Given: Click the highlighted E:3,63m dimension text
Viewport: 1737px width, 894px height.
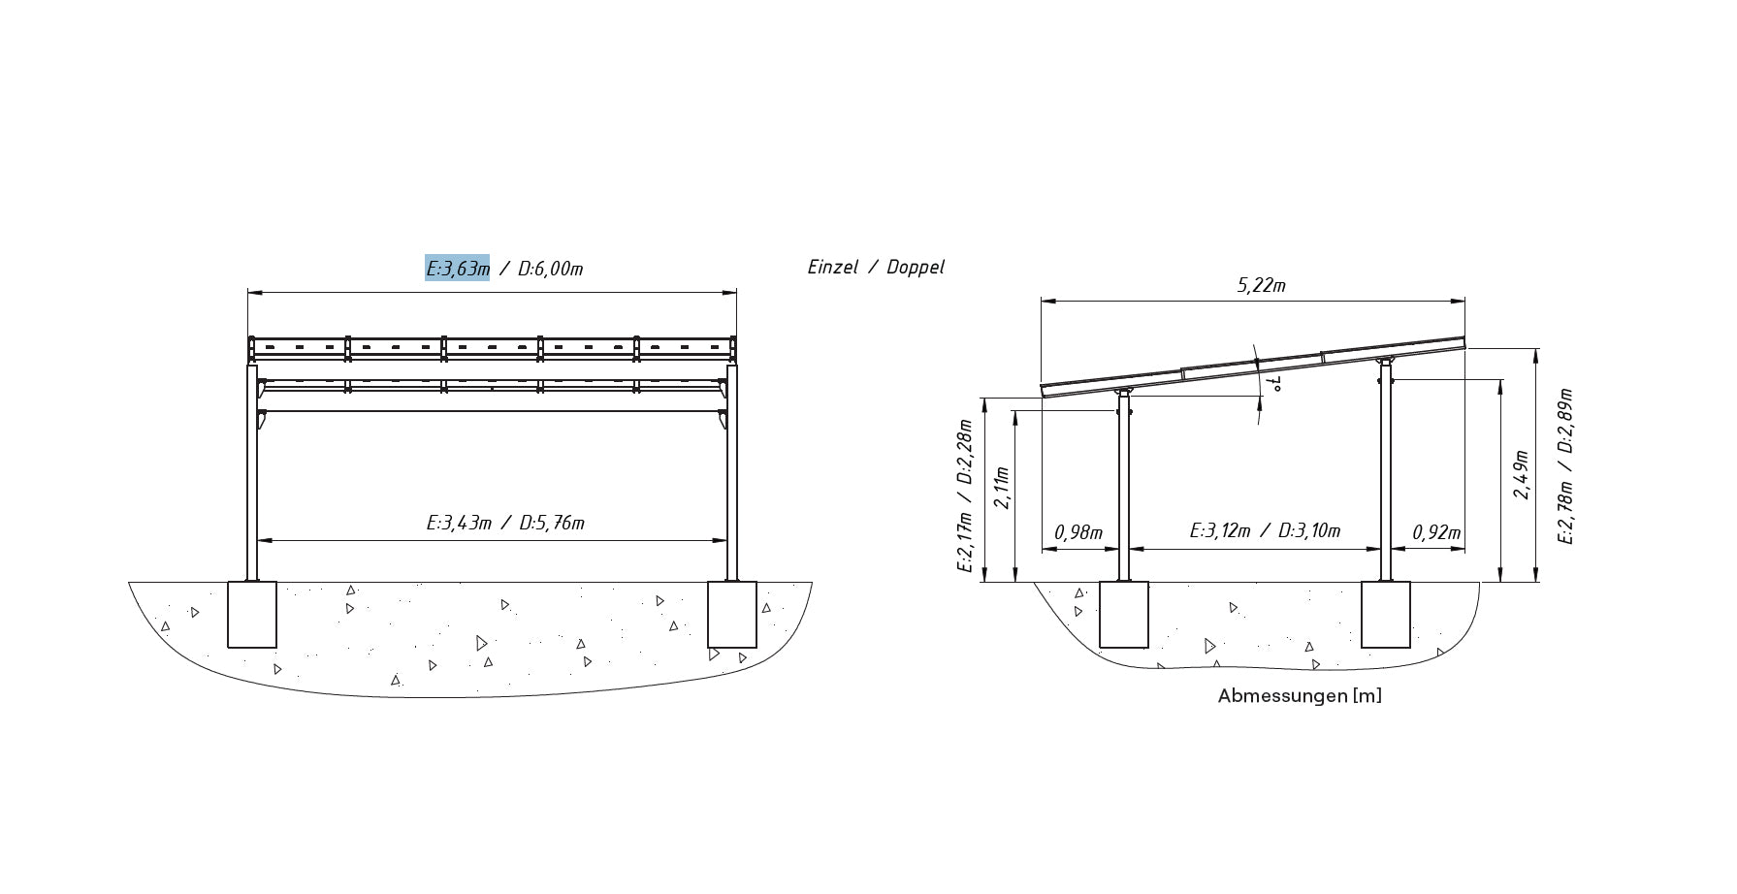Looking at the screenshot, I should [x=457, y=269].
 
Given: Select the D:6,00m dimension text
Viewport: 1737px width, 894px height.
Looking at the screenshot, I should [x=551, y=269].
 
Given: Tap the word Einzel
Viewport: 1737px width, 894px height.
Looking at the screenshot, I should [x=832, y=268].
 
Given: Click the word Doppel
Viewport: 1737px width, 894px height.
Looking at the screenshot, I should [x=915, y=268].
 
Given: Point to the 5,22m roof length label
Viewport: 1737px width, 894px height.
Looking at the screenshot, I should [x=1261, y=285].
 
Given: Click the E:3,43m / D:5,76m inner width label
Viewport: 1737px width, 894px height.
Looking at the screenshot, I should [x=505, y=524].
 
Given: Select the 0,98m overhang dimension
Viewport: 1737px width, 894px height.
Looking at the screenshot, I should [x=1078, y=532].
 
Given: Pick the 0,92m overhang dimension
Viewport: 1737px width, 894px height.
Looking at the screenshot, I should [x=1436, y=532].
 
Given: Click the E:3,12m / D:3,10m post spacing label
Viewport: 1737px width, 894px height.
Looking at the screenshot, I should [x=1265, y=531].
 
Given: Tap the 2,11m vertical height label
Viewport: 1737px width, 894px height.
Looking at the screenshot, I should [x=1003, y=488].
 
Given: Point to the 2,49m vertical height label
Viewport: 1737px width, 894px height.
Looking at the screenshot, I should [x=1522, y=475].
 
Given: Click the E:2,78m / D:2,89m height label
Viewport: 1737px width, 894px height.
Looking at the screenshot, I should [x=1565, y=465].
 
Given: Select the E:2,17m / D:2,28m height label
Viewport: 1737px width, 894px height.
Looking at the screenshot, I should [x=964, y=495].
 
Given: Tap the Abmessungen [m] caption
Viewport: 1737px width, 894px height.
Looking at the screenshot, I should [x=1300, y=696].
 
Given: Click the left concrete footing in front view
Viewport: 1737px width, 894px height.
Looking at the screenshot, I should [x=252, y=615].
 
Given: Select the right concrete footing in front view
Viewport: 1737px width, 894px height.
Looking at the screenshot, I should [x=731, y=615].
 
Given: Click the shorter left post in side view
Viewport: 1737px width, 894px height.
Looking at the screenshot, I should [x=1125, y=495].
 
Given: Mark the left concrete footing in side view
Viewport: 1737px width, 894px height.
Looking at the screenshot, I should [x=1124, y=615].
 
